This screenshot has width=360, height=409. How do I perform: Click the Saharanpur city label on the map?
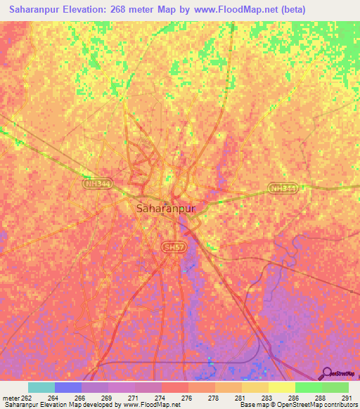pyautogui.click(x=165, y=209)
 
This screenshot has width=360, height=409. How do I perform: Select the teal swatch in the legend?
pyautogui.click(x=41, y=387)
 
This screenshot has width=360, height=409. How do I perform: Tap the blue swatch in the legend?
pyautogui.click(x=68, y=387)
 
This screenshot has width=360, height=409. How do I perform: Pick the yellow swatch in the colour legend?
pyautogui.click(x=281, y=387)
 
